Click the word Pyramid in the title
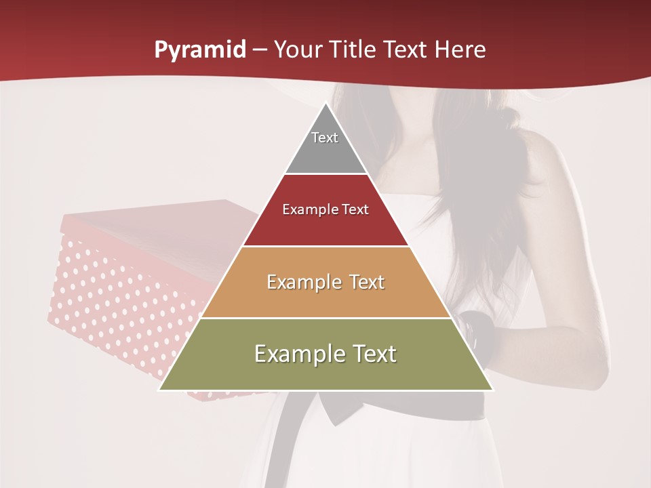(x=199, y=50)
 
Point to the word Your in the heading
(x=296, y=49)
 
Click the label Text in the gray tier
(x=325, y=138)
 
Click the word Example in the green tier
(x=298, y=354)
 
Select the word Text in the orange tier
(x=362, y=282)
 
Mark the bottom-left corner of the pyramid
(x=160, y=390)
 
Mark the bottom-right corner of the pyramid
(x=492, y=390)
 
